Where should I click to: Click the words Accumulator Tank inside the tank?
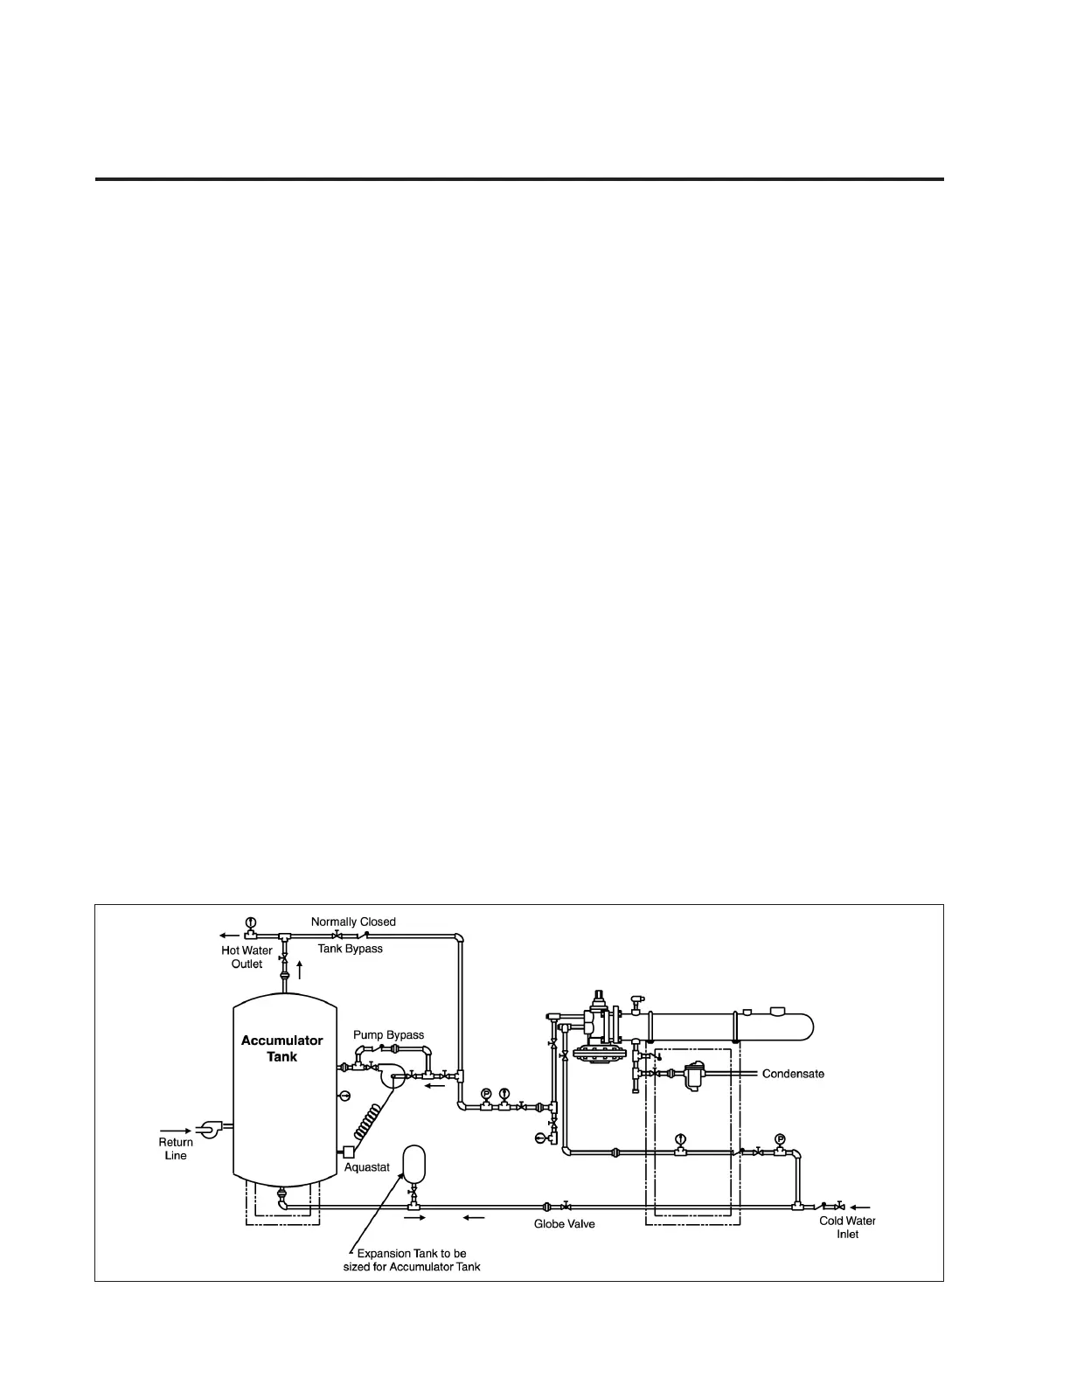pyautogui.click(x=281, y=1048)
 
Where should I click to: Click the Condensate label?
pyautogui.click(x=793, y=1074)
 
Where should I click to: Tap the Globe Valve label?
pyautogui.click(x=565, y=1224)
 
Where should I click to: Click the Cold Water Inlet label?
pyautogui.click(x=847, y=1228)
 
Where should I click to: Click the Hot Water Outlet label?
pyautogui.click(x=247, y=957)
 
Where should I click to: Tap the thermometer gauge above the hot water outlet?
pyautogui.click(x=250, y=922)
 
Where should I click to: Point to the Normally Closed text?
pyautogui.click(x=353, y=922)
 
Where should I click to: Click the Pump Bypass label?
pyautogui.click(x=388, y=1035)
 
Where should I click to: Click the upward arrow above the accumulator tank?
pyautogui.click(x=300, y=969)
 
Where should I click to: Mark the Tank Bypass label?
pyautogui.click(x=350, y=949)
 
